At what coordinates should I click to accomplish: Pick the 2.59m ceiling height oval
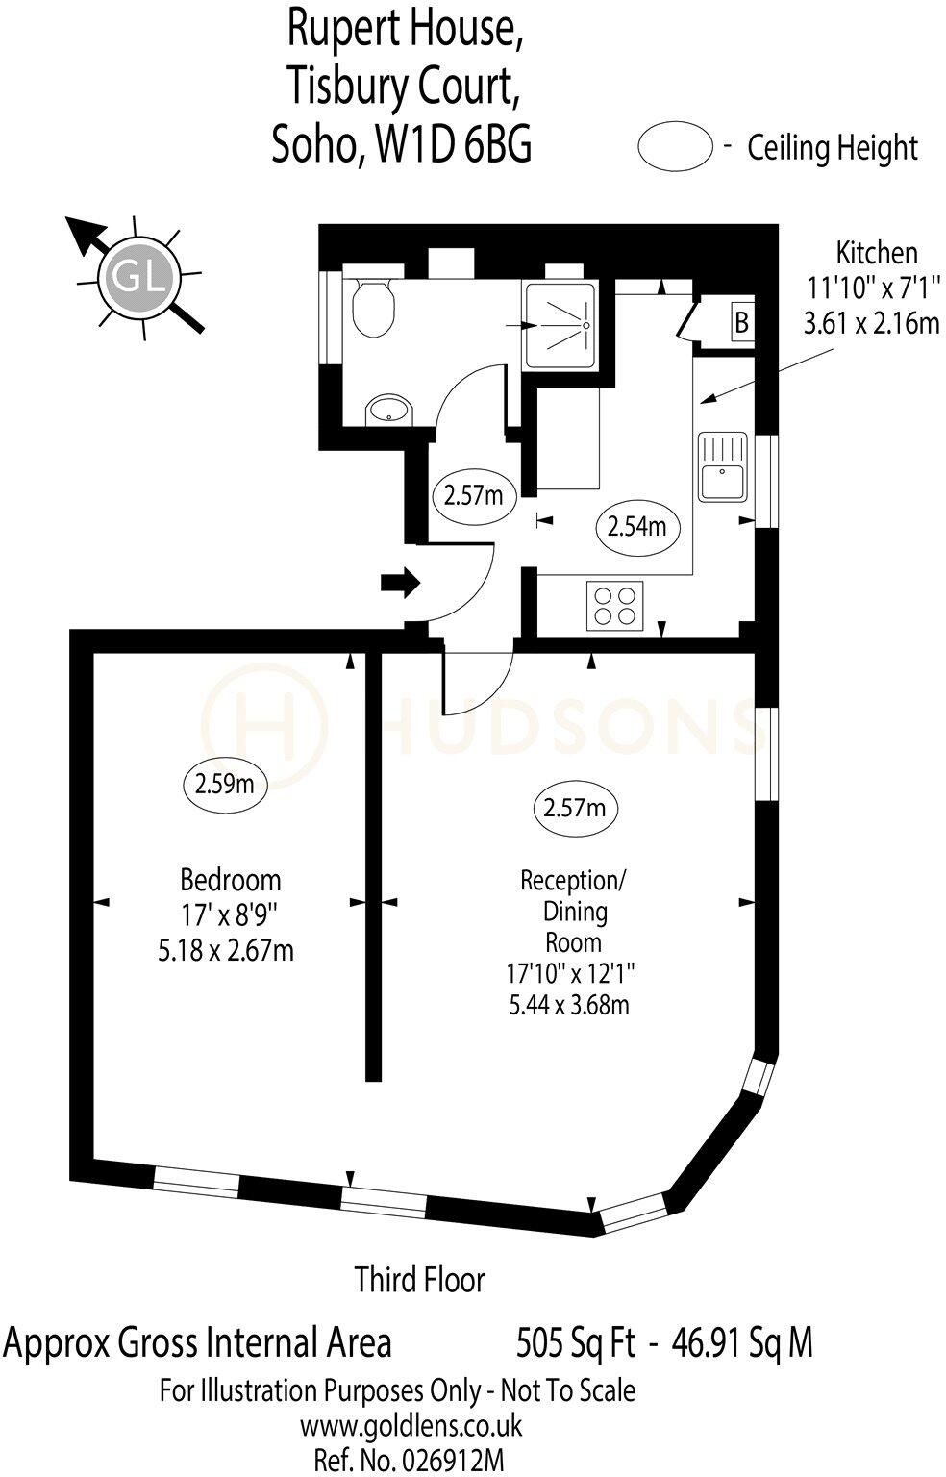pyautogui.click(x=224, y=784)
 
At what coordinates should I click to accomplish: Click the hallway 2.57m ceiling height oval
pyautogui.click(x=473, y=496)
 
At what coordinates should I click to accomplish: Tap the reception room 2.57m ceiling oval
pyautogui.click(x=574, y=808)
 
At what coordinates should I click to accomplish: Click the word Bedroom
pyautogui.click(x=231, y=879)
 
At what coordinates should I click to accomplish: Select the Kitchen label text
pyautogui.click(x=876, y=253)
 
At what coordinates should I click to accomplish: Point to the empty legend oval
pyautogui.click(x=675, y=148)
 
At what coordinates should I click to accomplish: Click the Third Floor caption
pyautogui.click(x=420, y=1280)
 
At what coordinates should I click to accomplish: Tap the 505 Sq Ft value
pyautogui.click(x=576, y=1342)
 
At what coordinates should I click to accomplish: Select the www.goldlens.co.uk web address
pyautogui.click(x=411, y=1424)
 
